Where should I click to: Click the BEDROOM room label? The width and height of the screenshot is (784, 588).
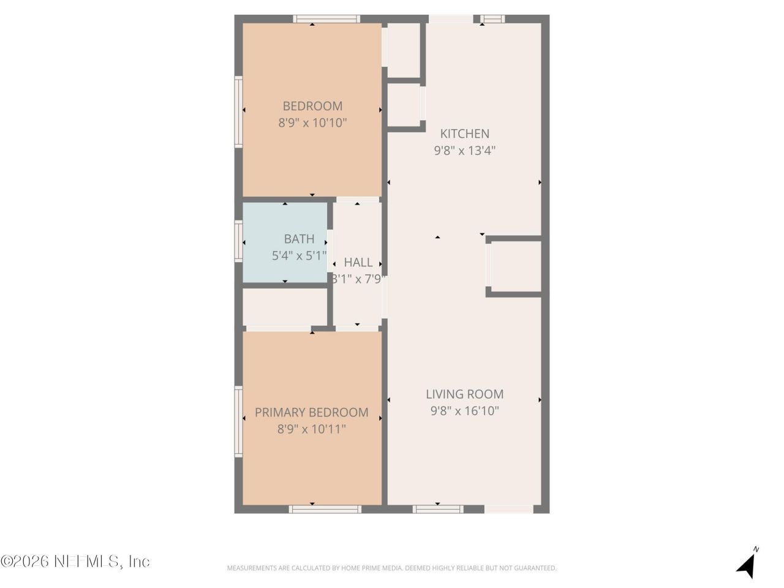pos(312,106)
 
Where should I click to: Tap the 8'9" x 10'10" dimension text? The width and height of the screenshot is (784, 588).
pos(312,123)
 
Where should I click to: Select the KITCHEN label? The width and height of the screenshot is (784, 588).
pos(465,134)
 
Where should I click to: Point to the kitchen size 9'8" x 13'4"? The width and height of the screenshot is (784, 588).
pos(465,150)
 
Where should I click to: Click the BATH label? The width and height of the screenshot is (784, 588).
pos(299,239)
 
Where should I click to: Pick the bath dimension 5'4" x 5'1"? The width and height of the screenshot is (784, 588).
pos(299,255)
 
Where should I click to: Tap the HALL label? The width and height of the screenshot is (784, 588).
pos(358,262)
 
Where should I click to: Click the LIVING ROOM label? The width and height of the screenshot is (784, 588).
pos(465,394)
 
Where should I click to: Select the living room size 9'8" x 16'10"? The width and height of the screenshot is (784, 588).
pos(465,411)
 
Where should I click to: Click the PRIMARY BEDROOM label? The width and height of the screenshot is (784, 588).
pos(312,413)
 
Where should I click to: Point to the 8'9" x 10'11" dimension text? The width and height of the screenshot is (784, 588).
pos(312,429)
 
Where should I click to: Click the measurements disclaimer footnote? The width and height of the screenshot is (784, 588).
pos(392,568)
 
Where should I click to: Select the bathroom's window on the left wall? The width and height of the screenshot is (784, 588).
pos(239,241)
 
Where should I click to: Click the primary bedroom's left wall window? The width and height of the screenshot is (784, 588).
pos(239,421)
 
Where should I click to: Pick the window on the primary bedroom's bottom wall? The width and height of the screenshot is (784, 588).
pos(325,509)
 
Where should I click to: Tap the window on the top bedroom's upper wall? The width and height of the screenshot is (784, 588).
pos(326,19)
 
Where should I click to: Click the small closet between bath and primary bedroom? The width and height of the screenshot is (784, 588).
pos(285,306)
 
